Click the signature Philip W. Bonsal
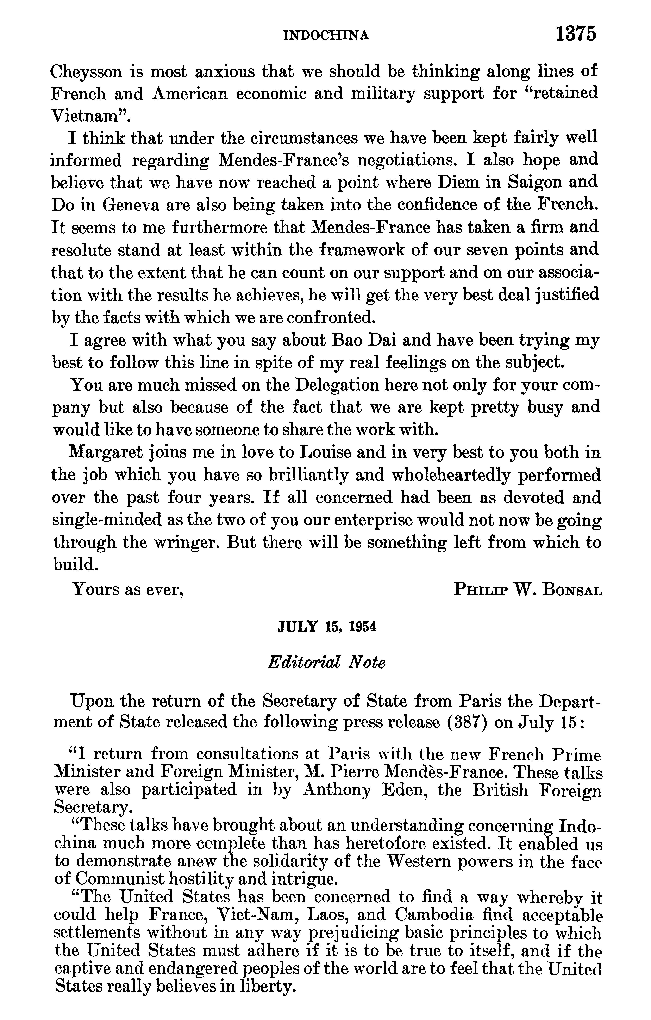tap(527, 589)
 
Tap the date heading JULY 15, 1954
tap(326, 627)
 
